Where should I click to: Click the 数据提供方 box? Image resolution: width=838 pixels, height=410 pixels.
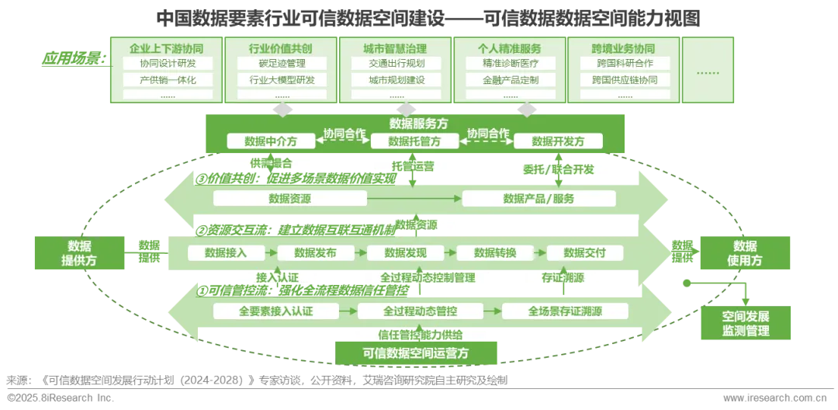click(78, 253)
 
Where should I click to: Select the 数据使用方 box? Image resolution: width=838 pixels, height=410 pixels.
click(746, 253)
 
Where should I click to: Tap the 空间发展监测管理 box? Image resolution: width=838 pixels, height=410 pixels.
click(746, 323)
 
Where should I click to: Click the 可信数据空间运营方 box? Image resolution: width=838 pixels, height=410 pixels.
click(417, 353)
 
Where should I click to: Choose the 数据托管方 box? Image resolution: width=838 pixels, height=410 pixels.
click(414, 141)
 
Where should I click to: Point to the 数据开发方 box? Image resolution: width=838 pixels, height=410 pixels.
click(558, 141)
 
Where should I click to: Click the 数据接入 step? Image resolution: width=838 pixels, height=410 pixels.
click(225, 252)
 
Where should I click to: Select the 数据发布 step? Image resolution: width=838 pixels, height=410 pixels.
click(315, 252)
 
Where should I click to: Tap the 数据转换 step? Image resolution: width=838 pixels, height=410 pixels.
click(495, 252)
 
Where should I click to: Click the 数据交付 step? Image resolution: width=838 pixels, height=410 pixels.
click(584, 252)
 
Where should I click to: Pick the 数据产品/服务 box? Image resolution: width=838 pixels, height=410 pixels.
click(538, 199)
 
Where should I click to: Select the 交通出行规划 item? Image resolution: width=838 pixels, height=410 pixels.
click(394, 63)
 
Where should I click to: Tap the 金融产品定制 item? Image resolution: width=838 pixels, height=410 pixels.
click(510, 79)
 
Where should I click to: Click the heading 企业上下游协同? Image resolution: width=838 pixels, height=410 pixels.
click(165, 48)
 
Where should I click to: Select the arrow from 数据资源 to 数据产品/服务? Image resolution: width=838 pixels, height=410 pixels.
click(414, 199)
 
